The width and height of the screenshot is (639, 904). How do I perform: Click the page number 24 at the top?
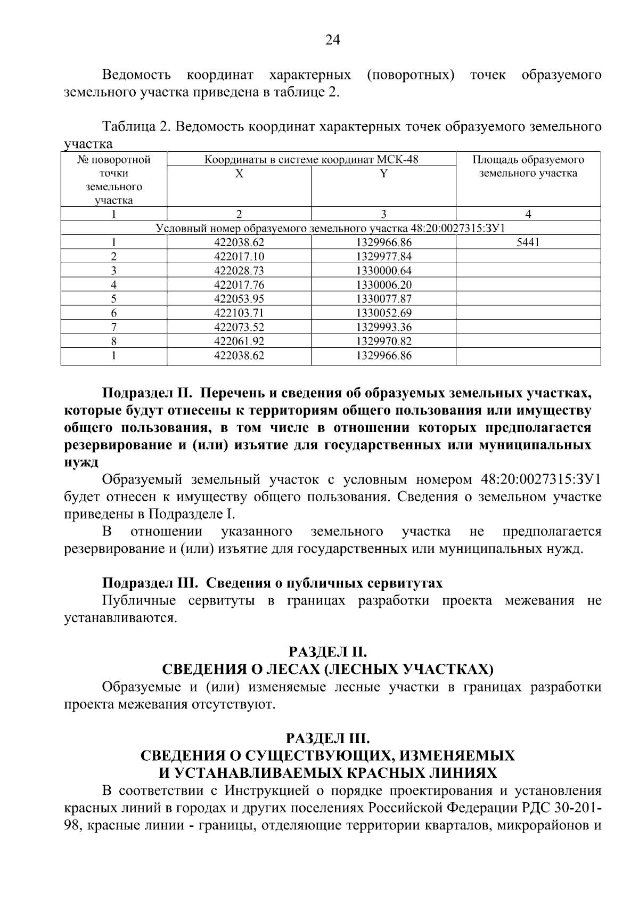point(332,40)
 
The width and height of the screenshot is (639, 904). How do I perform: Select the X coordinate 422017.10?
point(239,257)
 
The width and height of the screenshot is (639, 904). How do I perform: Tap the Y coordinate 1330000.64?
point(383,271)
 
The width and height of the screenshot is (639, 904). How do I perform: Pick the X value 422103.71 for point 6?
point(239,313)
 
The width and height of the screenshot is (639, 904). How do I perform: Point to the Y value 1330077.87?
point(383,299)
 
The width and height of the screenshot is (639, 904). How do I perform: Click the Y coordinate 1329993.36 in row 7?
point(383,327)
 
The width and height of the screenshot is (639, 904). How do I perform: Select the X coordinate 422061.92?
point(239,341)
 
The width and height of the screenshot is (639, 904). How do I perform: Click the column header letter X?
point(240,174)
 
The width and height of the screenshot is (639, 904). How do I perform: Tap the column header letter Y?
point(383,174)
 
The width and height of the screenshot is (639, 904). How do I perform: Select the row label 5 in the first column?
point(113,299)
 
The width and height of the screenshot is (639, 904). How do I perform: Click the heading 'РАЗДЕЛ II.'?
point(327,652)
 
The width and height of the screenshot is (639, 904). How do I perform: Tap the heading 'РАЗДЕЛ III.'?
point(327,738)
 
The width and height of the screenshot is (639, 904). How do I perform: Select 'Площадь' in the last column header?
point(494,160)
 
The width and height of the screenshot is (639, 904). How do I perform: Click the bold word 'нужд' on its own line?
point(81,462)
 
